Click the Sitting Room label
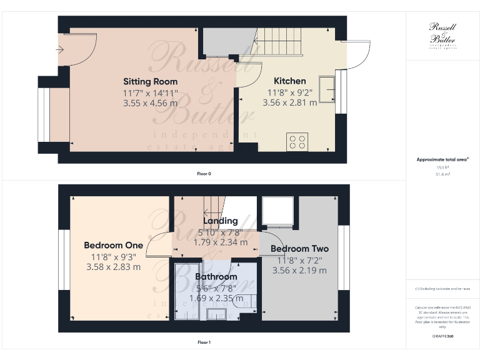[x=150, y=81]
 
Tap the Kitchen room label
[x=290, y=81]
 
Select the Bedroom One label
[x=113, y=245]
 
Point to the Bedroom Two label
[x=299, y=249]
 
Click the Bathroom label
[x=216, y=276]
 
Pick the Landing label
[x=220, y=221]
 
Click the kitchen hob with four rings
[x=297, y=142]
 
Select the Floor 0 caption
[x=204, y=173]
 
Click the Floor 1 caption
[x=204, y=342]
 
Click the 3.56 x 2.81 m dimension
[x=289, y=102]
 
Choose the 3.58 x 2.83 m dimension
[x=113, y=267]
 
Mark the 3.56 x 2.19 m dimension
[x=299, y=271]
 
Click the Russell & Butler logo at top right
[x=443, y=34]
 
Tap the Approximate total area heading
[x=442, y=159]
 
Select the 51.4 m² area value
[x=442, y=174]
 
